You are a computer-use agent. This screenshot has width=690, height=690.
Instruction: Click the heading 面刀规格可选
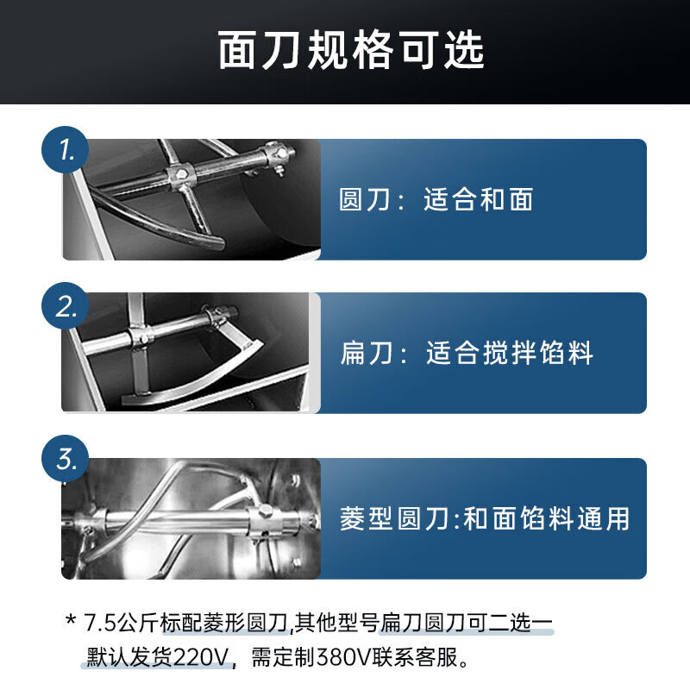coord(351,50)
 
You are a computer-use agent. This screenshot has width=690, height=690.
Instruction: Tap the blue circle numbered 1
coord(66,149)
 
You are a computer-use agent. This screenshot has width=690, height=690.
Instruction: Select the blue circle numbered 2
coord(66,305)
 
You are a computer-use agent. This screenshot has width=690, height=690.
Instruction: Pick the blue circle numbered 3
coord(66,459)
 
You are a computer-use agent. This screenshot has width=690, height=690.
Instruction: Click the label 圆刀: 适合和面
coord(436,199)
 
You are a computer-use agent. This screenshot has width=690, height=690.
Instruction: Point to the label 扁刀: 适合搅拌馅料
coord(467,353)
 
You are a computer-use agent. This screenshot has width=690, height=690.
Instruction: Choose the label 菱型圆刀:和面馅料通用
coord(485,518)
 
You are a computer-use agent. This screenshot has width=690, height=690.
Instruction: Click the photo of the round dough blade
coord(191,199)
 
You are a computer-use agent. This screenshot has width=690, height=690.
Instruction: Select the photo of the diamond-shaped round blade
coord(191,518)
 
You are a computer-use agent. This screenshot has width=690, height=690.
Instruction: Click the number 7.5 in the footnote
coord(99,623)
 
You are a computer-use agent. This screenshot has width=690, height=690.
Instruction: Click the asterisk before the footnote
coord(71,620)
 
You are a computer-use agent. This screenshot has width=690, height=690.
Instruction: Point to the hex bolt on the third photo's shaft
coord(265,511)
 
